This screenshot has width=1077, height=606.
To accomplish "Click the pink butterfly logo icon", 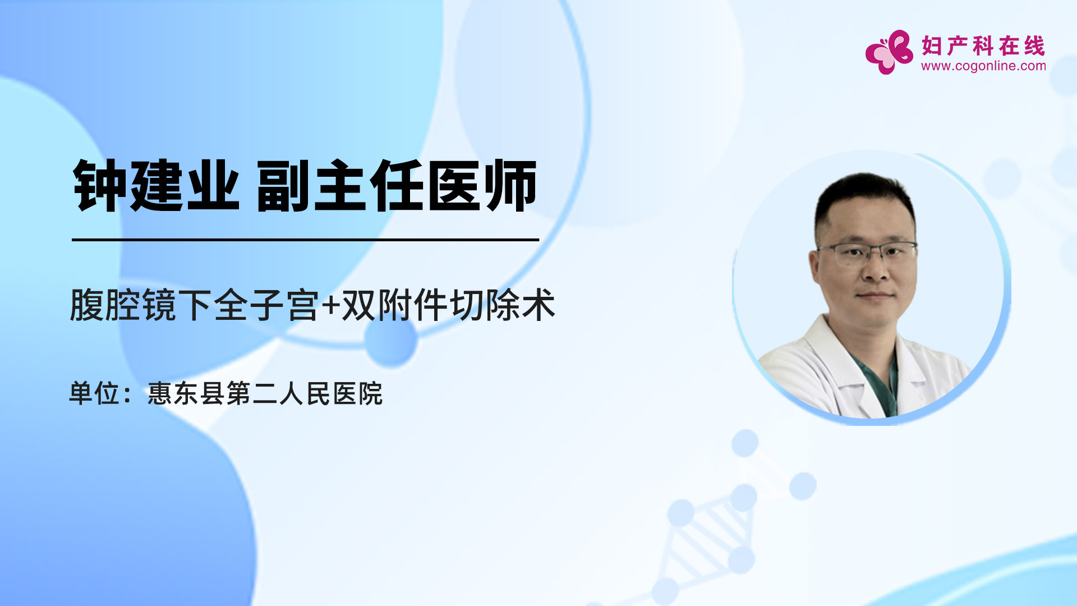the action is tap(889, 52).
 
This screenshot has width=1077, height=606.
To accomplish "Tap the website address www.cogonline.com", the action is tap(983, 66).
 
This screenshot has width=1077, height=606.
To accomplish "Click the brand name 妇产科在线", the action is tap(983, 46).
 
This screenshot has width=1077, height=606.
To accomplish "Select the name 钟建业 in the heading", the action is tap(157, 186).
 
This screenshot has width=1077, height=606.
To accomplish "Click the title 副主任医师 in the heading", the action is tap(397, 186).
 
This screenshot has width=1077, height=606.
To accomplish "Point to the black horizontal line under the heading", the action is tap(306, 240).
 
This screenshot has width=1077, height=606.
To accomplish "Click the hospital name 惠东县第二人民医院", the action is tap(265, 393).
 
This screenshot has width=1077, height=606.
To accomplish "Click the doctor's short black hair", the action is tap(864, 199).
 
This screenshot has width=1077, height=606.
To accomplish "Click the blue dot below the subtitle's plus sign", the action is tap(391, 340).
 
